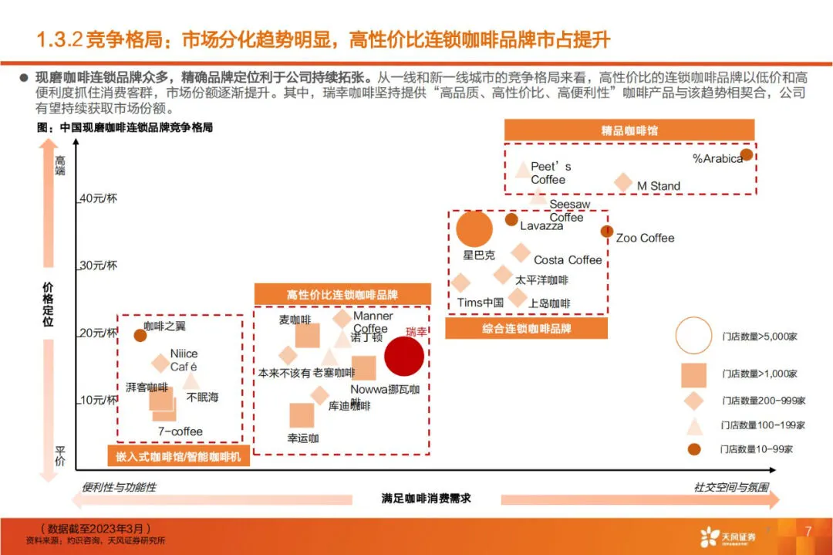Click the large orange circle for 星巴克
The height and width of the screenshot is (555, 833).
click(474, 229)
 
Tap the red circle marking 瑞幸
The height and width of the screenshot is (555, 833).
click(404, 355)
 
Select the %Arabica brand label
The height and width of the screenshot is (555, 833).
click(717, 158)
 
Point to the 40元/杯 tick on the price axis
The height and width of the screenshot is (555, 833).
click(98, 198)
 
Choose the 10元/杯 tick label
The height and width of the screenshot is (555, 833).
click(98, 400)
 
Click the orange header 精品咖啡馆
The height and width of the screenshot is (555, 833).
click(629, 130)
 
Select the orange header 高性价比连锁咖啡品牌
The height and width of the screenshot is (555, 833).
click(342, 295)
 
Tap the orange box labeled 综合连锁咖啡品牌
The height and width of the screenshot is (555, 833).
click(527, 329)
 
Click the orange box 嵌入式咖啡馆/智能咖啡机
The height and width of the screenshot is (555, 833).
click(178, 457)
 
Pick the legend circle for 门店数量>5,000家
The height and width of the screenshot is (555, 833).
click(693, 335)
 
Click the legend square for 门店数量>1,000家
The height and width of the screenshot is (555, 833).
click(693, 374)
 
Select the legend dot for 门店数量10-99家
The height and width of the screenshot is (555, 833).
click(693, 448)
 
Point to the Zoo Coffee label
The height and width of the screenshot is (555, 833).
click(645, 238)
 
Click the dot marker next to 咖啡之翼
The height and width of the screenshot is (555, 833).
click(140, 335)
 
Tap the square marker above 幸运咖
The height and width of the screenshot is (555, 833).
click(302, 415)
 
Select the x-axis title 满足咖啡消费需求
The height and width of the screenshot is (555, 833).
click(426, 498)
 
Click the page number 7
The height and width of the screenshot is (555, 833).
click(808, 531)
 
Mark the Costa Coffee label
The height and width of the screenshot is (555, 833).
click(568, 260)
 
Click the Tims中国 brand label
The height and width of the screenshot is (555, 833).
click(480, 303)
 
